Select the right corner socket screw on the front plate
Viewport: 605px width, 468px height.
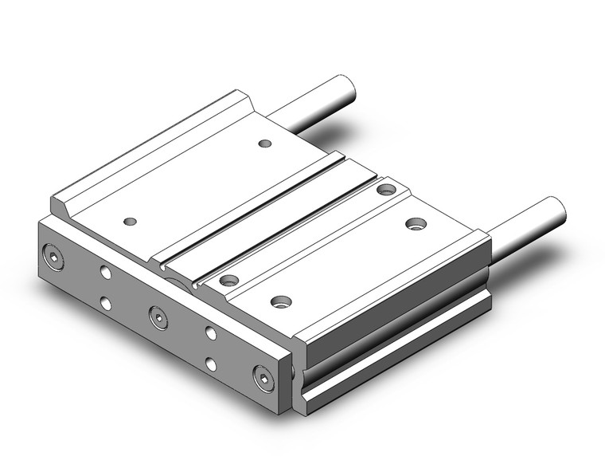pyautogui.click(x=263, y=376)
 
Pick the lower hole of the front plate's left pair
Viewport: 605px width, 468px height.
pyautogui.click(x=105, y=302)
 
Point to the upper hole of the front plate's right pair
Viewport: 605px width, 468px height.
pyautogui.click(x=211, y=333)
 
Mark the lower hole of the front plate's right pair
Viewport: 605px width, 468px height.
pyautogui.click(x=211, y=364)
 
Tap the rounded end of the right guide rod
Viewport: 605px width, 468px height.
pyautogui.click(x=556, y=210)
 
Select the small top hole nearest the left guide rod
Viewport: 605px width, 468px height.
pyautogui.click(x=266, y=144)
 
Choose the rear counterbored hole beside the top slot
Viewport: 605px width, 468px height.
pyautogui.click(x=387, y=189)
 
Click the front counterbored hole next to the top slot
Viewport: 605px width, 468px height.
pyautogui.click(x=229, y=280)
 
